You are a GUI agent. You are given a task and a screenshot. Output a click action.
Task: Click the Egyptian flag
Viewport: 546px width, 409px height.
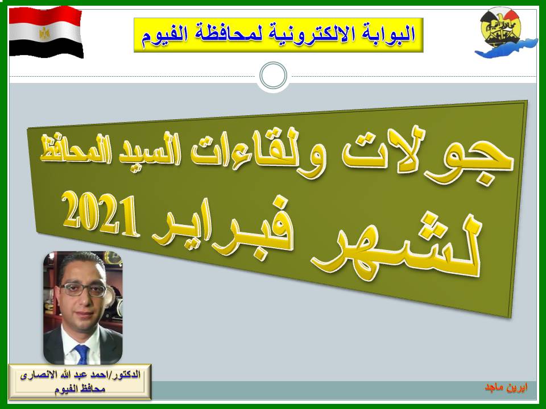[45, 32]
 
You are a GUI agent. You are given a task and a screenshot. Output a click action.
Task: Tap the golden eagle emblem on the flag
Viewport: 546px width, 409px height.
[44, 33]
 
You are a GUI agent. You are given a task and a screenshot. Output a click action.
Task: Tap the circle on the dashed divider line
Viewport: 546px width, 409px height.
[274, 76]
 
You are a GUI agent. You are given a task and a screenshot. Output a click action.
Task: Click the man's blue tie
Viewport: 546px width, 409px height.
[82, 354]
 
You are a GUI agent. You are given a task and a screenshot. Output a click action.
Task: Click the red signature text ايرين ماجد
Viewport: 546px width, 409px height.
[506, 387]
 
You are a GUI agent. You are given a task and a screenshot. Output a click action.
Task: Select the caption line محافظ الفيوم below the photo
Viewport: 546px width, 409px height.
[80, 389]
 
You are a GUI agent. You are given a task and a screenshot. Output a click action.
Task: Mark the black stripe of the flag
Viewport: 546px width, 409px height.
[45, 49]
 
